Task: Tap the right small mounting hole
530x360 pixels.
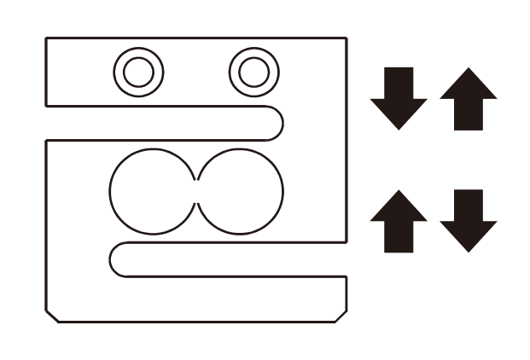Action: [x=253, y=72]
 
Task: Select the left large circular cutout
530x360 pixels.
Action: [x=154, y=191]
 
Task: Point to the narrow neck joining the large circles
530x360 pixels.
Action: [x=198, y=191]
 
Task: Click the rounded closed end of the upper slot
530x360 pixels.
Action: [x=275, y=123]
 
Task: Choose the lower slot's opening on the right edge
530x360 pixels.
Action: [x=346, y=259]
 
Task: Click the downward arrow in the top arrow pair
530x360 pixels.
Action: [x=399, y=96]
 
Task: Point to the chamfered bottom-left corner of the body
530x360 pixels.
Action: [x=52, y=316]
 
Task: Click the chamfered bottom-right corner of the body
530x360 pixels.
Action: [x=341, y=316]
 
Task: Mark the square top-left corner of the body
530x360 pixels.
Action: [x=46, y=38]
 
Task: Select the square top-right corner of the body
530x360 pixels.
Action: [x=346, y=38]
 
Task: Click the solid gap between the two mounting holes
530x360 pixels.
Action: [x=195, y=72]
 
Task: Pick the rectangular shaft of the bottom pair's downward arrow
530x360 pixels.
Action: [x=468, y=205]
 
